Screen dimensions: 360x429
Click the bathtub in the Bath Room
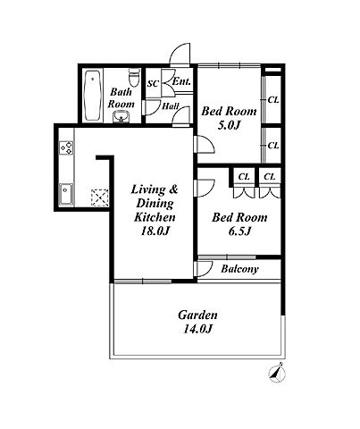pyautogui.click(x=92, y=96)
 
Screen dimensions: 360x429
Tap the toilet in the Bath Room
pyautogui.click(x=135, y=78)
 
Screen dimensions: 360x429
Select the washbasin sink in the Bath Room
pyautogui.click(x=121, y=116)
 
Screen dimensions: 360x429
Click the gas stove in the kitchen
pyautogui.click(x=66, y=147)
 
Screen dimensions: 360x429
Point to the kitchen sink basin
pyautogui.click(x=66, y=194)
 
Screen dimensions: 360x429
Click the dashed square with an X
pyautogui.click(x=99, y=198)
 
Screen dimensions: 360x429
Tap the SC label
pyautogui.click(x=153, y=83)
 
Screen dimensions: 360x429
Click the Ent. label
pyautogui.click(x=181, y=81)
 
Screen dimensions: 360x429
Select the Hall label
pyautogui.click(x=171, y=106)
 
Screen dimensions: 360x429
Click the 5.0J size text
pyautogui.click(x=229, y=125)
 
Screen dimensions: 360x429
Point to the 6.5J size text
pyautogui.click(x=239, y=231)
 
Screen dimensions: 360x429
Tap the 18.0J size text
pyautogui.click(x=155, y=231)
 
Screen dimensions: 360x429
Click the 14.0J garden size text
pyautogui.click(x=197, y=329)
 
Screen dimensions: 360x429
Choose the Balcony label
pyautogui.click(x=239, y=269)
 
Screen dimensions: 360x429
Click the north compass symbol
pyautogui.click(x=277, y=373)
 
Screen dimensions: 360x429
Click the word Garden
pyautogui.click(x=197, y=315)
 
